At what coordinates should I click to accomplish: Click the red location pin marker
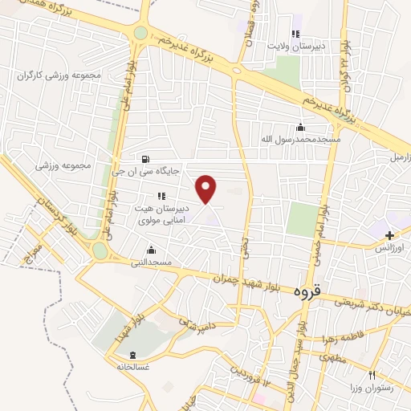pyautogui.click(x=207, y=189)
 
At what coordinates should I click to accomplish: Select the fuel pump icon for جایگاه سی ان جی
pyautogui.click(x=144, y=158)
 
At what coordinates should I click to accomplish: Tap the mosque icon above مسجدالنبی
pyautogui.click(x=151, y=250)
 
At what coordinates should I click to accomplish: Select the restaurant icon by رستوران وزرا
pyautogui.click(x=372, y=375)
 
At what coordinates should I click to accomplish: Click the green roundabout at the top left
pyautogui.click(x=141, y=33)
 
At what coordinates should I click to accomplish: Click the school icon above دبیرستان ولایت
pyautogui.click(x=295, y=34)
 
